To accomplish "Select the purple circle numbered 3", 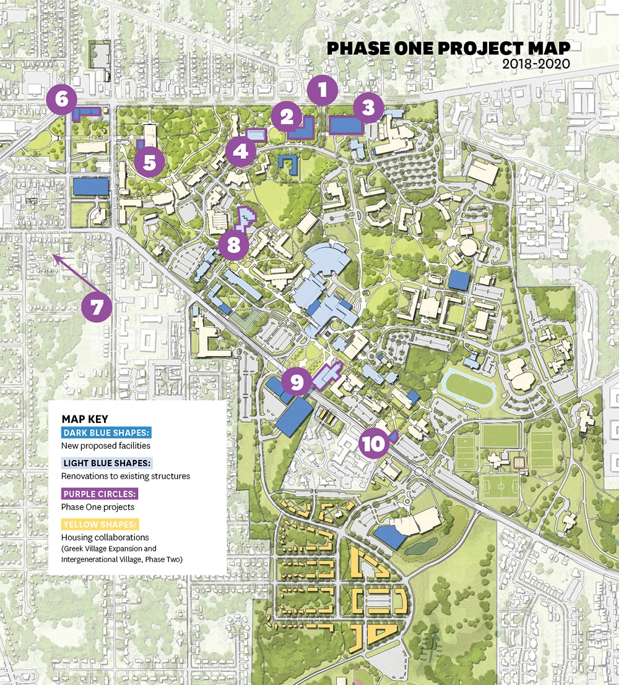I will [368, 109].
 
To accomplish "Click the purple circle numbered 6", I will [61, 100].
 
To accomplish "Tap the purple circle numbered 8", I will [233, 245].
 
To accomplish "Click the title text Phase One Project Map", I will [449, 49].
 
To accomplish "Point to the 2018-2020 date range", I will [535, 64].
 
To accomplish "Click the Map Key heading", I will [85, 419].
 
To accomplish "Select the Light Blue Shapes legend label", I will [107, 463].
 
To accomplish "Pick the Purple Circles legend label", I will [100, 494].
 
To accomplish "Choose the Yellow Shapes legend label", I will [100, 524].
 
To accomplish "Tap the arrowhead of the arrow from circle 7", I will [54, 258].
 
